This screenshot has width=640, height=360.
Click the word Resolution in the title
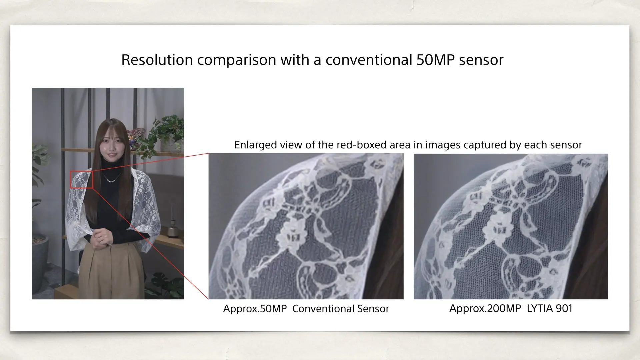157,60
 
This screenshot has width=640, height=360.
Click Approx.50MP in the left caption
255,309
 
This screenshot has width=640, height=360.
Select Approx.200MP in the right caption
485,308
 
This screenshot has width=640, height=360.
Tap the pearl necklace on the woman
111,180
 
